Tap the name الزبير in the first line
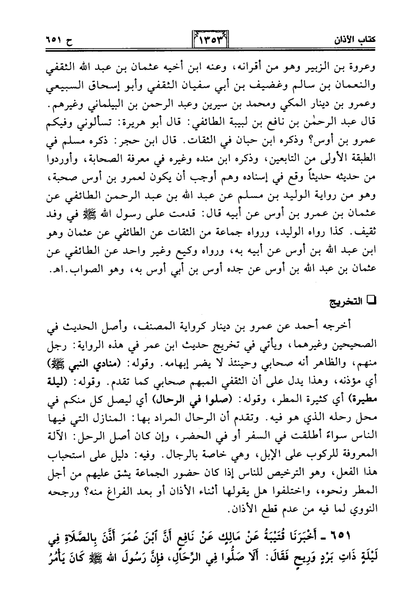coord(321,70)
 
